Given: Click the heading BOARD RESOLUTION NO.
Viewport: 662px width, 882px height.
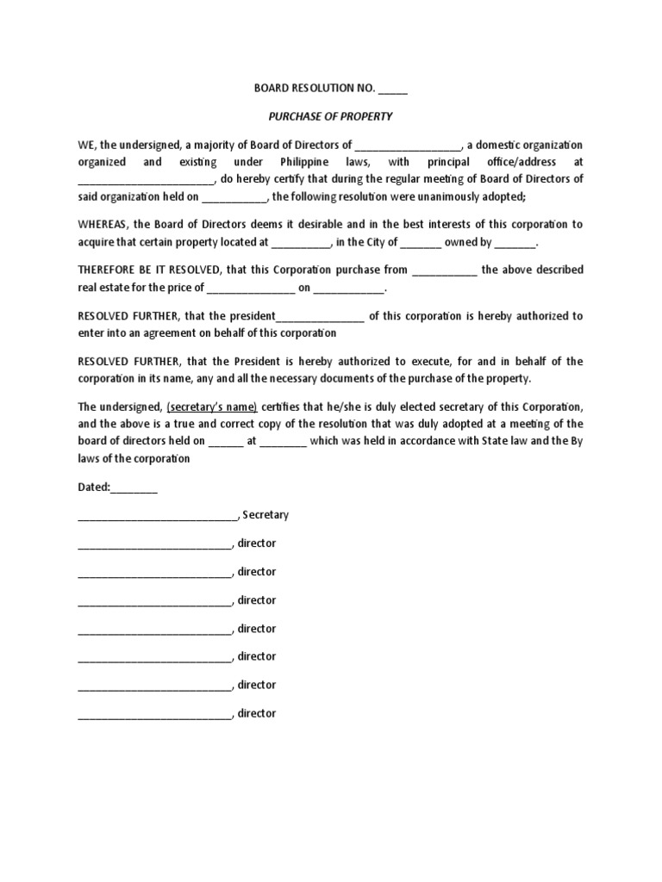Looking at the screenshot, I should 314,88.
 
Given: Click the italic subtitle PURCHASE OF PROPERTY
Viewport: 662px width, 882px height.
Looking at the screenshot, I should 330,116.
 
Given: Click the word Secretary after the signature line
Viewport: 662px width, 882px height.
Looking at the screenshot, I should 265,515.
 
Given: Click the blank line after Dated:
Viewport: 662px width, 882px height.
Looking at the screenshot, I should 134,488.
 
